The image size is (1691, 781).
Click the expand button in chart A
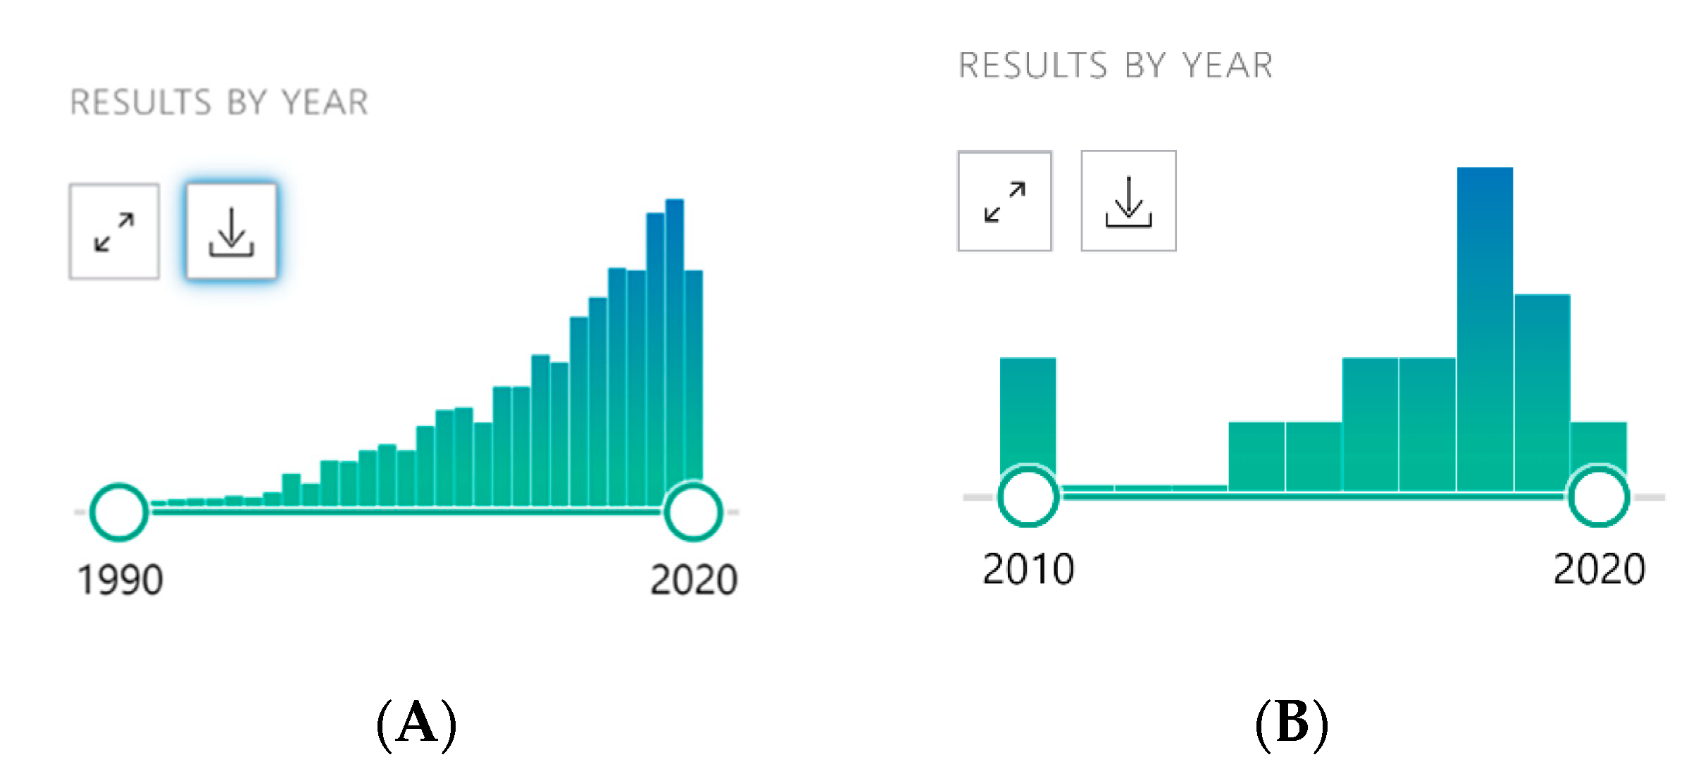(114, 232)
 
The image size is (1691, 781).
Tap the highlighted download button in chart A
(231, 232)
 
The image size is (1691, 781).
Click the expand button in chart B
(1005, 201)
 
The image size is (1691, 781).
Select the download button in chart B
(1128, 201)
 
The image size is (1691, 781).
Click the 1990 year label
(120, 580)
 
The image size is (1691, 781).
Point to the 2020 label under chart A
(694, 580)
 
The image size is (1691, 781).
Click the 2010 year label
(1028, 569)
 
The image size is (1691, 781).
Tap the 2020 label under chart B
(1599, 569)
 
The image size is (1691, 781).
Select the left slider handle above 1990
(94, 512)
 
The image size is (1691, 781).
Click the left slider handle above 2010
(1001, 496)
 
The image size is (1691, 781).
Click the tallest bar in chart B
(1485, 329)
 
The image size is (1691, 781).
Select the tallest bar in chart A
(675, 352)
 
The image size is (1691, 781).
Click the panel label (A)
(417, 724)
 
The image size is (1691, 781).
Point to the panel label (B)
(1292, 724)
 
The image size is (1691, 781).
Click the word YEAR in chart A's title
(325, 103)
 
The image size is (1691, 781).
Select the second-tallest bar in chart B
(1542, 392)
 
